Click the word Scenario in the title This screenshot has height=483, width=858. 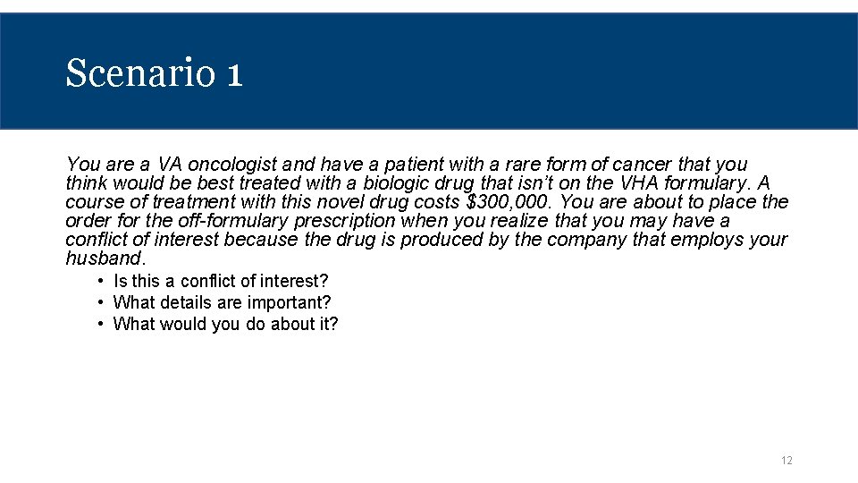(x=139, y=73)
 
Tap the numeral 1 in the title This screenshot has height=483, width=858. (x=234, y=73)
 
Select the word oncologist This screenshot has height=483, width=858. (x=234, y=165)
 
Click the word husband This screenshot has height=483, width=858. (x=104, y=258)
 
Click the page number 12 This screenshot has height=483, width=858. (x=786, y=461)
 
